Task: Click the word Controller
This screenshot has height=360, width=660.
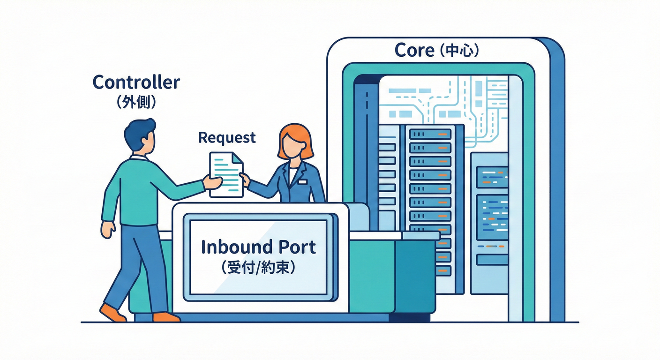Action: tap(136, 82)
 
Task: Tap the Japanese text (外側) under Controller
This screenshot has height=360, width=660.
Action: tap(136, 102)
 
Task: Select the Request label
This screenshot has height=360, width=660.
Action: tap(227, 137)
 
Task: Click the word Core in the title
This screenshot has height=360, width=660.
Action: tap(414, 50)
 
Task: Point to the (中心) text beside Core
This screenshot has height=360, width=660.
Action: tap(459, 51)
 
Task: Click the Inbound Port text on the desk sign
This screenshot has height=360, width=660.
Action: tap(258, 247)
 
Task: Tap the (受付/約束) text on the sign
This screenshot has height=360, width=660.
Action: tap(258, 268)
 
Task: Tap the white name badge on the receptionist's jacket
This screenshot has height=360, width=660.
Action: tap(302, 181)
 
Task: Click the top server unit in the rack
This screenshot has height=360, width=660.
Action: tap(429, 134)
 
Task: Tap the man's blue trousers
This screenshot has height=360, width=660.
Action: tap(141, 267)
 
